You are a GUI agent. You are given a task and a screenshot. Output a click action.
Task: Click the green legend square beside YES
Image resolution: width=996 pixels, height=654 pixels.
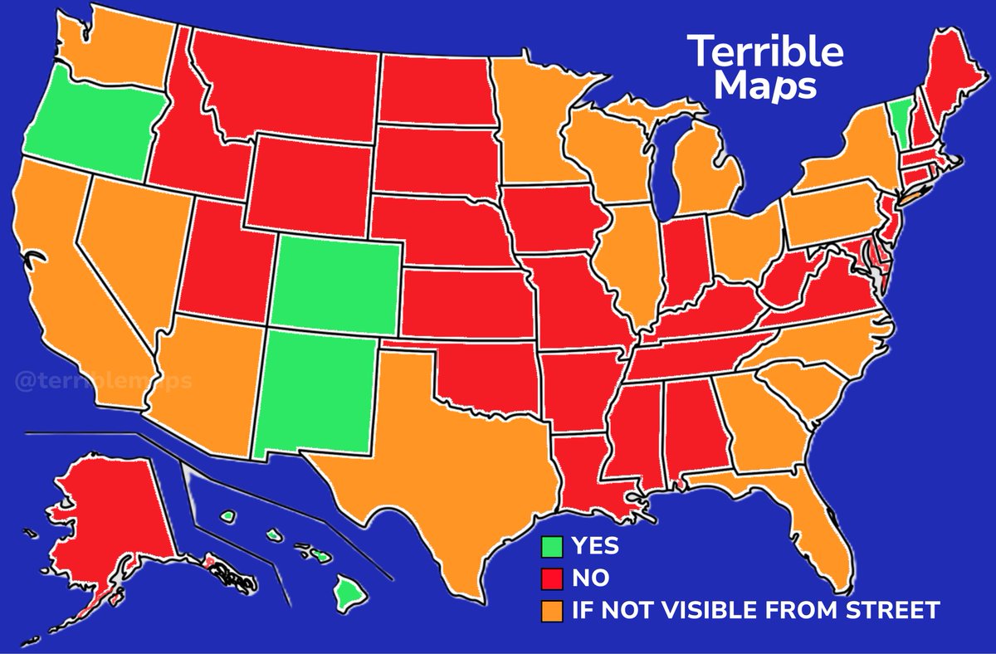[552, 547]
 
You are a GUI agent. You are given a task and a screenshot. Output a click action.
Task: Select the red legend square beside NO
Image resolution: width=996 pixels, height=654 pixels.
[552, 578]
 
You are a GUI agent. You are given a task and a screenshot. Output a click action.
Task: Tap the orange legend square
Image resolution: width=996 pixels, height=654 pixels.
[552, 612]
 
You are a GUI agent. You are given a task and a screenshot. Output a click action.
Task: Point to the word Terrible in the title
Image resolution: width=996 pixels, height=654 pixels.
[765, 52]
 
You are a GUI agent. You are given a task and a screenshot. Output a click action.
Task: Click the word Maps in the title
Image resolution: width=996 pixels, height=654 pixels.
[765, 85]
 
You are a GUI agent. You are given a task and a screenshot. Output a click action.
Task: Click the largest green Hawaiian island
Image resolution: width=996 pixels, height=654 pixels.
[349, 592]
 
